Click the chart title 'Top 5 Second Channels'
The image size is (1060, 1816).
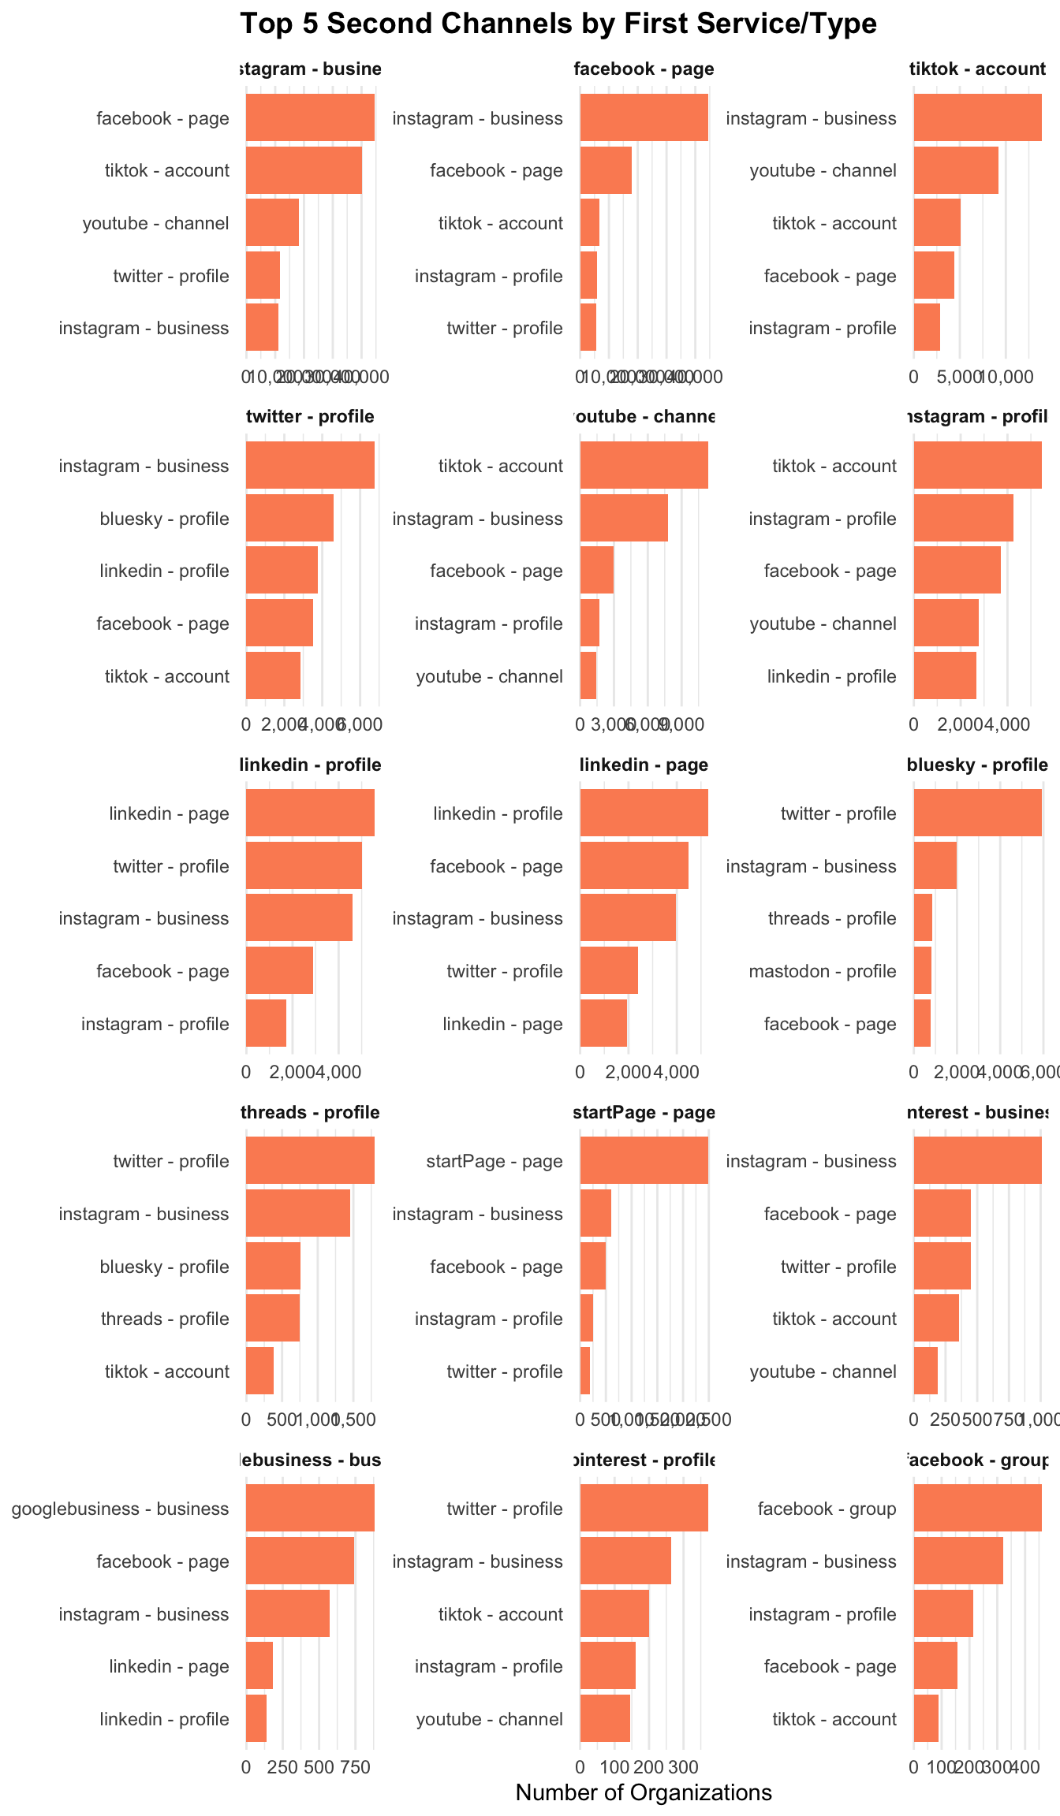click(x=558, y=24)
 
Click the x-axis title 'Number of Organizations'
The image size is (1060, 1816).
click(x=644, y=1792)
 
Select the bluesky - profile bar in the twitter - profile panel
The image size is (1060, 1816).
click(x=289, y=518)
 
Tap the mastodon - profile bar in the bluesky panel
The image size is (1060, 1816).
click(x=923, y=970)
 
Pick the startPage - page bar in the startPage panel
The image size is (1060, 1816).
click(x=644, y=1160)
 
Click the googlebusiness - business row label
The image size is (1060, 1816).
click(x=120, y=1509)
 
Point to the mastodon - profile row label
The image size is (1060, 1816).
click(x=822, y=971)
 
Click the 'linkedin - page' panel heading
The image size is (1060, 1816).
click(x=644, y=765)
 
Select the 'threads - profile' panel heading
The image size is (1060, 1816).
click(x=310, y=1112)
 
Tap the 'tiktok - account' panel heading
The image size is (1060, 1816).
click(x=977, y=69)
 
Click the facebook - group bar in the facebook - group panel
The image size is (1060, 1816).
click(x=977, y=1508)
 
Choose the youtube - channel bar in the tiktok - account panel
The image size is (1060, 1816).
click(x=956, y=170)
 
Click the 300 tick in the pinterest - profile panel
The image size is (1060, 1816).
click(x=684, y=1767)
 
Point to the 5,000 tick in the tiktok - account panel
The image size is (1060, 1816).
click(x=959, y=377)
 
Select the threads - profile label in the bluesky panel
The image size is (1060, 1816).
click(x=832, y=918)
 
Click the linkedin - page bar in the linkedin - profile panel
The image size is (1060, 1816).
click(x=310, y=813)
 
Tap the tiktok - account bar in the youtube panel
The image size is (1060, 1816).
click(x=644, y=465)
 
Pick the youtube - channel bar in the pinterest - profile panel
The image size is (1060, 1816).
click(x=605, y=1718)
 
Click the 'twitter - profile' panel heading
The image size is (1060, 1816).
click(x=310, y=416)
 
